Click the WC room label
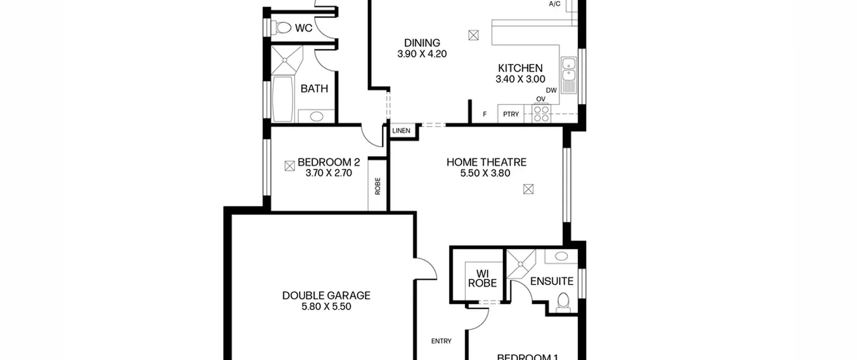tap(304, 28)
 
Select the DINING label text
tap(422, 43)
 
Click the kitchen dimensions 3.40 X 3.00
tap(520, 79)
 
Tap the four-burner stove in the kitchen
tap(541, 114)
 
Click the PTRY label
tap(511, 114)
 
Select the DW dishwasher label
tap(551, 90)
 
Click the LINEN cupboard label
tap(401, 131)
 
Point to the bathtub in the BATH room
tap(283, 99)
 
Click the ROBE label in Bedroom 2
tap(378, 186)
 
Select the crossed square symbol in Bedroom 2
tap(290, 166)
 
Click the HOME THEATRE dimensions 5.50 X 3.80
tap(485, 173)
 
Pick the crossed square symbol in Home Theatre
tap(528, 190)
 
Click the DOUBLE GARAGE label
tap(326, 296)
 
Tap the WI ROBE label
tap(482, 279)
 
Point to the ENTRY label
tap(441, 341)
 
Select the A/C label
tap(555, 4)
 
